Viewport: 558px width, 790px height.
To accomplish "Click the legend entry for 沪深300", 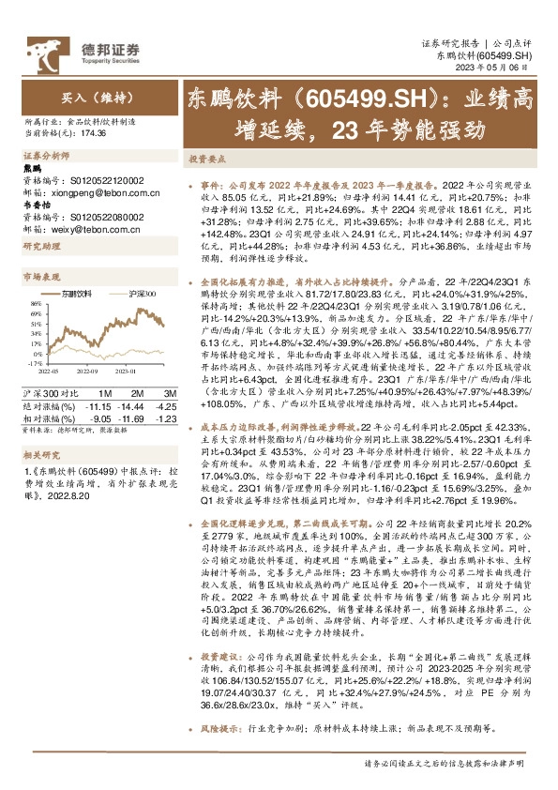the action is click(x=140, y=294).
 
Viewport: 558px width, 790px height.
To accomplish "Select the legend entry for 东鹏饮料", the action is click(x=86, y=294).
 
